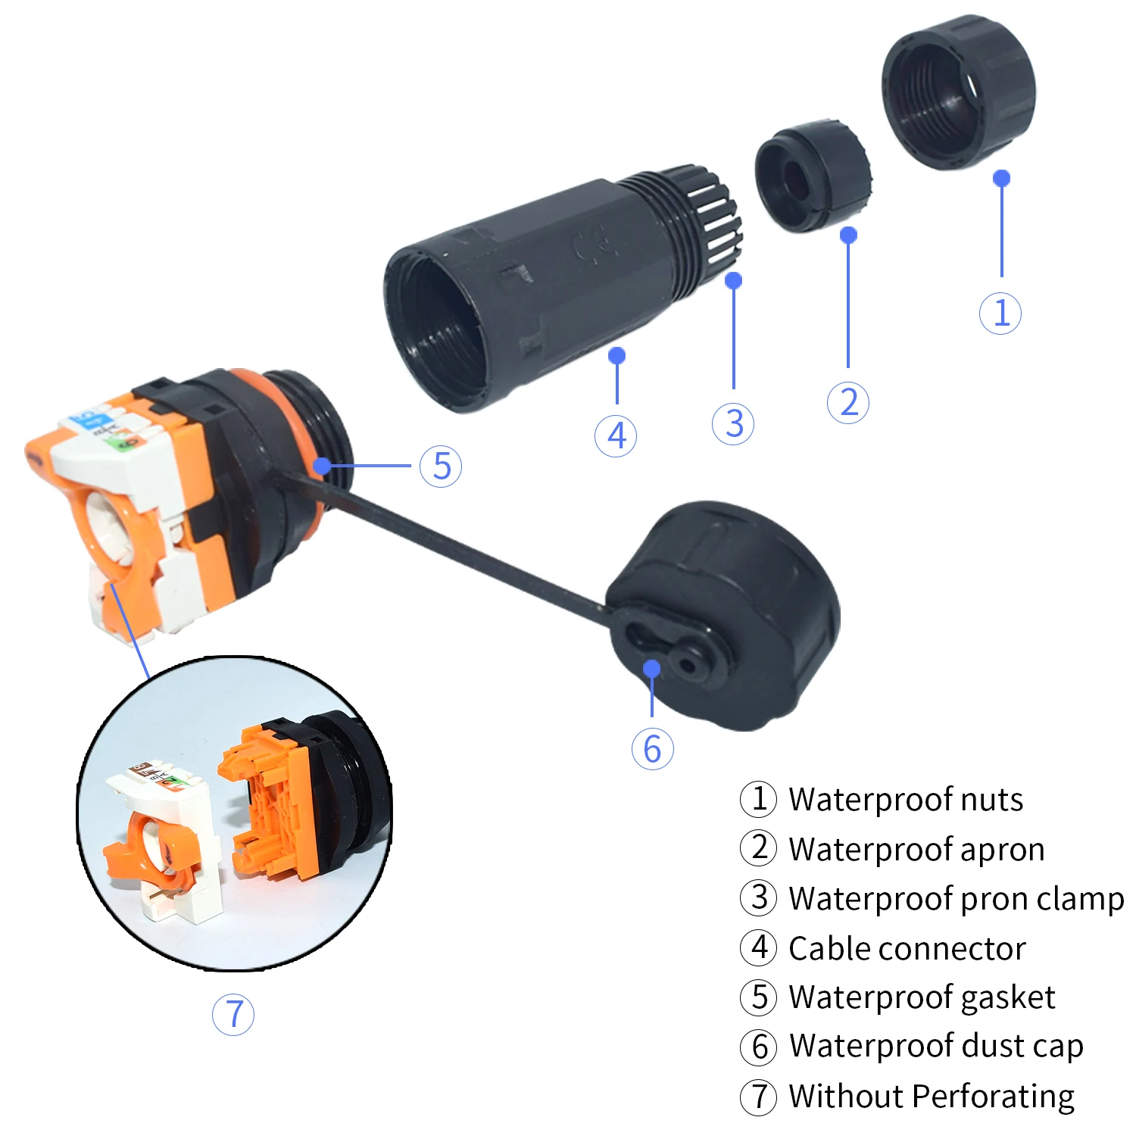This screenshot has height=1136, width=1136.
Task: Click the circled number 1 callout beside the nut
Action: click(x=1000, y=314)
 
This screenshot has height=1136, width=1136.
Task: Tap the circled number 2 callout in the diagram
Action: click(x=848, y=402)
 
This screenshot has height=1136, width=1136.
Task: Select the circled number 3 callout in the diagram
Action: click(x=733, y=423)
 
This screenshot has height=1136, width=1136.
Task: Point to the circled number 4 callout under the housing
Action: click(x=616, y=435)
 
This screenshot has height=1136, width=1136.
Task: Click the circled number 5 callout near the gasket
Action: click(x=441, y=467)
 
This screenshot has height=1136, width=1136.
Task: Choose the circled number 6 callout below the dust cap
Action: click(x=652, y=749)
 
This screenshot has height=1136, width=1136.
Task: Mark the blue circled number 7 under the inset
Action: click(x=233, y=1015)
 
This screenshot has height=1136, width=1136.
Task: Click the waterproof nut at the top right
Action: click(x=958, y=91)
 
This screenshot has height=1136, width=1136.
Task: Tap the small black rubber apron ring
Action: click(x=813, y=176)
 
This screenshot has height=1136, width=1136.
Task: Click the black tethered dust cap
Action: click(x=727, y=613)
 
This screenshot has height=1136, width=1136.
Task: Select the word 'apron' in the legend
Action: click(x=1003, y=850)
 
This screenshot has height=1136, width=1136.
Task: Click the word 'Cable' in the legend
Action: click(x=827, y=949)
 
